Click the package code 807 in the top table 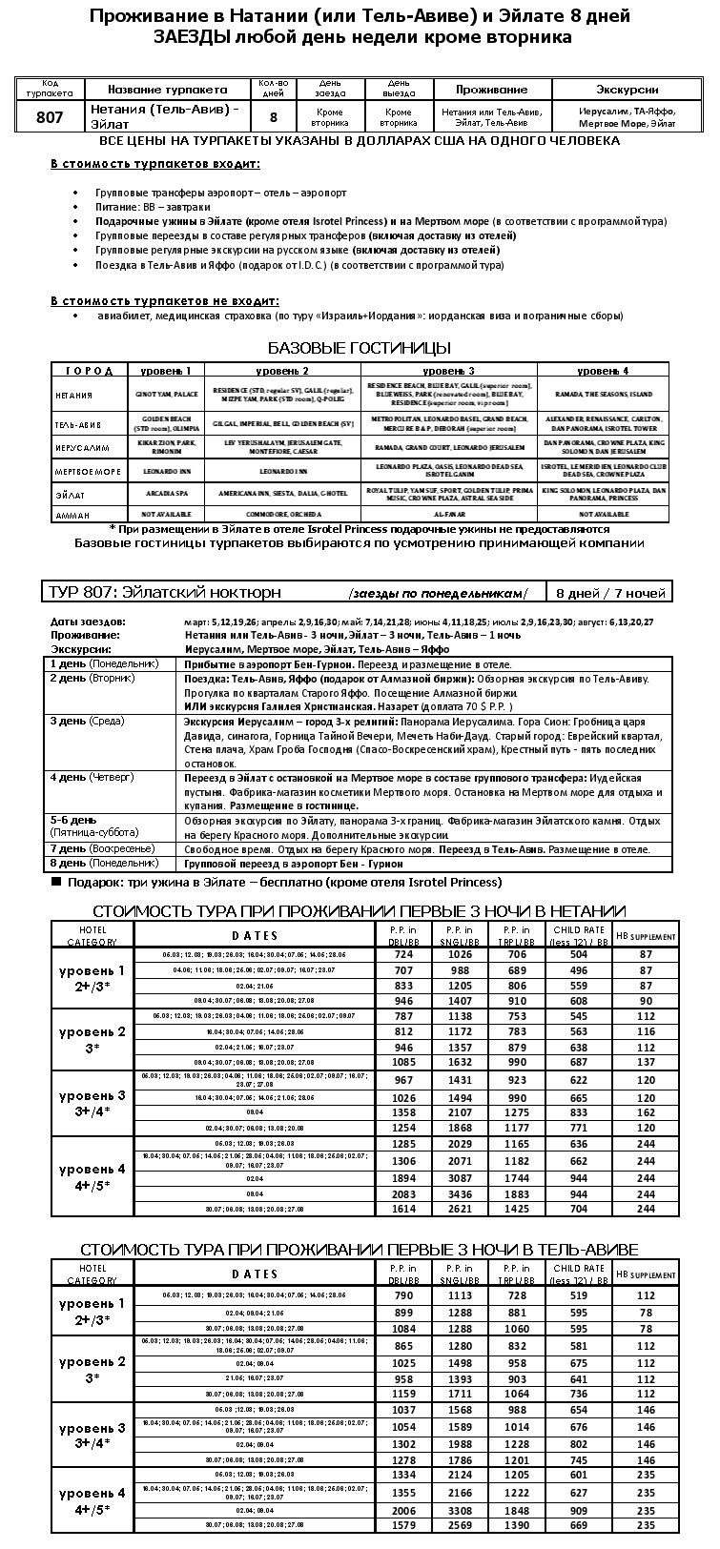point(50,116)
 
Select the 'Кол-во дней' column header point(273,89)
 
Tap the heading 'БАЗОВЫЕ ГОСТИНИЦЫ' point(360,348)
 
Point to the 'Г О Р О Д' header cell point(90,371)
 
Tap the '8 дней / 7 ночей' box point(610,593)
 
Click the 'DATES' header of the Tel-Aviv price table point(255,1274)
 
